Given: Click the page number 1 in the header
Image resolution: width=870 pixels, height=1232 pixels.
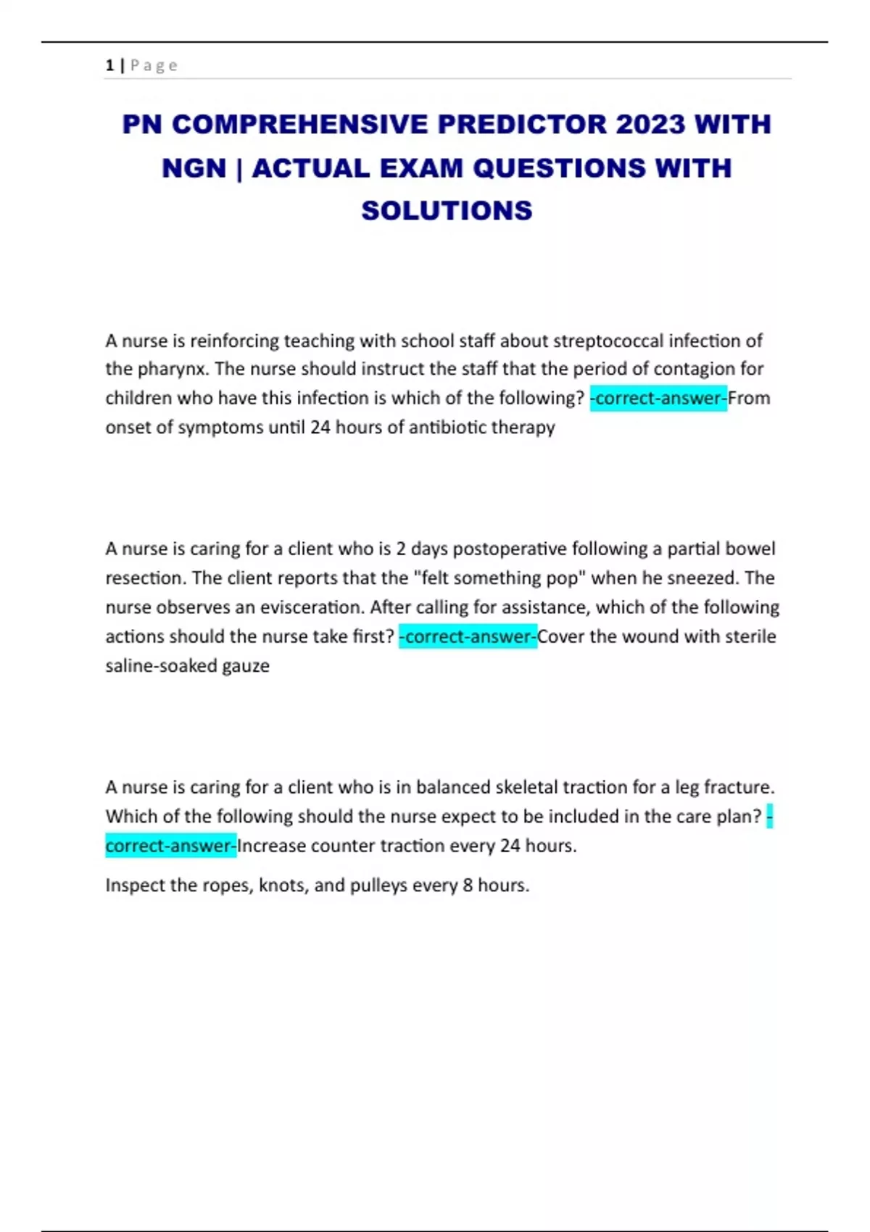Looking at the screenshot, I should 109,65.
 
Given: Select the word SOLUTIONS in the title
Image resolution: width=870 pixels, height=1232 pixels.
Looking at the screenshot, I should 447,210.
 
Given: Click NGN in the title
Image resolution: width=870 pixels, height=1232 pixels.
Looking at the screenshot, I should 194,168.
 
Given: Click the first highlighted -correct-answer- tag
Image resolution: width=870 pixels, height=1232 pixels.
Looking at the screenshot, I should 658,398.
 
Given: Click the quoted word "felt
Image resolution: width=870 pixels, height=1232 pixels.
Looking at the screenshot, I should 429,578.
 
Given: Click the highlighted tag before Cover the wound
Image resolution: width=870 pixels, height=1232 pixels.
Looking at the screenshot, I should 468,636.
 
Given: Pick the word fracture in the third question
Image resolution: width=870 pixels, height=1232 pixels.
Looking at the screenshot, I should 738,787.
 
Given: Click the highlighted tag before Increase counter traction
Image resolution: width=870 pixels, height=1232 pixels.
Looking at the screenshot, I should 170,845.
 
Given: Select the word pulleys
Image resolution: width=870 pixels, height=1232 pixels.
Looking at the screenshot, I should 378,885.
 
